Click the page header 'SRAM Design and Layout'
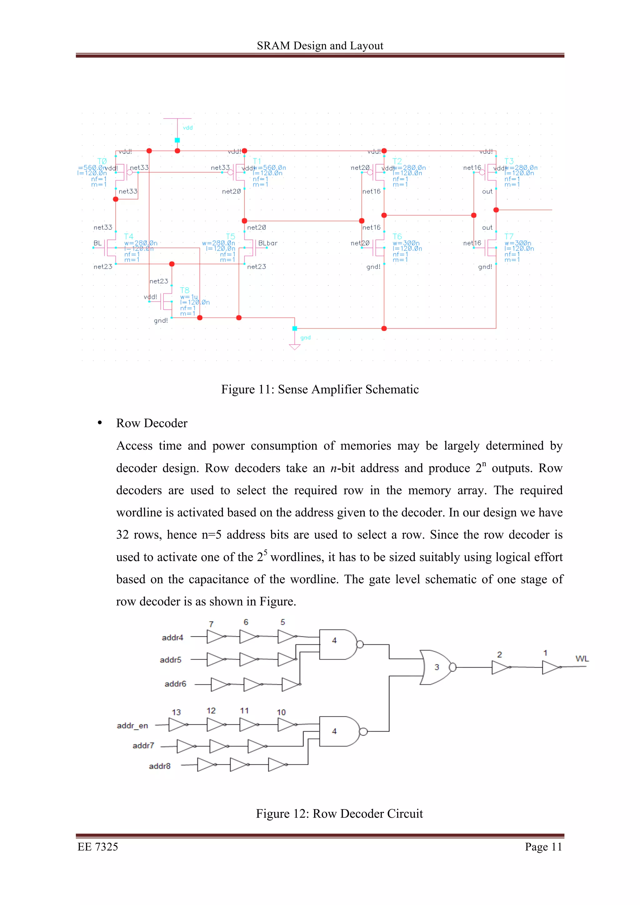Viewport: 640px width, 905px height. click(320, 46)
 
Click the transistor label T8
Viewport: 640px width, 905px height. click(185, 290)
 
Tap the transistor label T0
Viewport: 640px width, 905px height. click(102, 161)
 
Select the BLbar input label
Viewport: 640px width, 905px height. click(267, 243)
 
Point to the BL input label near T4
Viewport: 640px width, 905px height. click(97, 243)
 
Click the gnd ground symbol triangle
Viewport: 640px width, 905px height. click(295, 347)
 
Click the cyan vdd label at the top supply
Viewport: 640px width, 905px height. click(188, 128)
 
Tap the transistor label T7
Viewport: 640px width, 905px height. click(509, 236)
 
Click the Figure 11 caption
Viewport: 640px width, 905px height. click(320, 389)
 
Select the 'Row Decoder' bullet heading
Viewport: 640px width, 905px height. click(152, 423)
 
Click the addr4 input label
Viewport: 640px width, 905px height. click(172, 637)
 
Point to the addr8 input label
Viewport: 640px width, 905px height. click(160, 766)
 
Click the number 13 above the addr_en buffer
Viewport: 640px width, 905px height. click(176, 712)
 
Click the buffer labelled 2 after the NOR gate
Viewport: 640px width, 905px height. click(500, 667)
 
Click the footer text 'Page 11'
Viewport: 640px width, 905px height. click(543, 847)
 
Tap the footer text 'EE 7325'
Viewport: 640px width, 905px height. click(98, 847)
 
